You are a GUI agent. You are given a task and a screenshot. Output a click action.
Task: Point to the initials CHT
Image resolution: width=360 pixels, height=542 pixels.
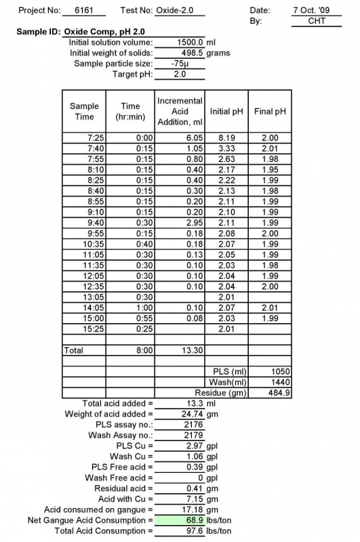[x=316, y=21]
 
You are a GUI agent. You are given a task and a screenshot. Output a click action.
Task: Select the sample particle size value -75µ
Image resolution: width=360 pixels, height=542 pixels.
[x=180, y=63]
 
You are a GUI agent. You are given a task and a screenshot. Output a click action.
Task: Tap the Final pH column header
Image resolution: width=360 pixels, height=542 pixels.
[x=268, y=111]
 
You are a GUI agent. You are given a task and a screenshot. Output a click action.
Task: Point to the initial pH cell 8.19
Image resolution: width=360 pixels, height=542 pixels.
[x=225, y=138]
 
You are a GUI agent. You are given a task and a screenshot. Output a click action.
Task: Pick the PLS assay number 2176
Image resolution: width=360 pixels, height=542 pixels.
[x=181, y=424]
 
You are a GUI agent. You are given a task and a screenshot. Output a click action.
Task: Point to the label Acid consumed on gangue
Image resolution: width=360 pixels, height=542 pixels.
[x=98, y=509]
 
